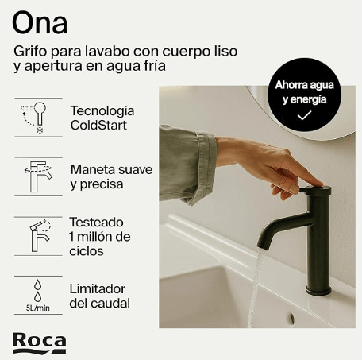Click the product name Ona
(x=39, y=21)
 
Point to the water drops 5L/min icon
(x=34, y=293)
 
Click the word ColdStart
(x=99, y=125)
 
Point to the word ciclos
(x=86, y=251)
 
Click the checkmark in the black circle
(x=302, y=115)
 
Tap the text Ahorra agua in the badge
(x=302, y=85)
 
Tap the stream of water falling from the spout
(x=256, y=286)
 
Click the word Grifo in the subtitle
(x=31, y=51)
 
